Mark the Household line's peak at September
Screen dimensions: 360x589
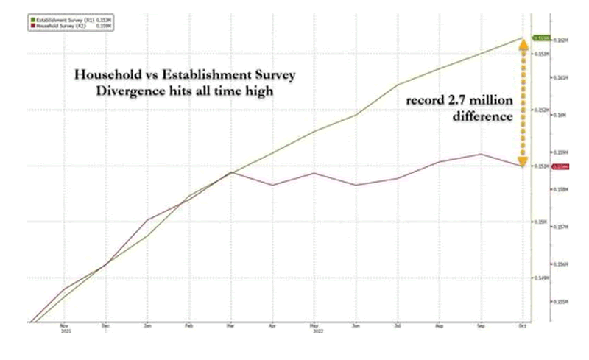pyautogui.click(x=481, y=154)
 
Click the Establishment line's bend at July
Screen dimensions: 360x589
pyautogui.click(x=398, y=85)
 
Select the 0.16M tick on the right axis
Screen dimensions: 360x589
pyautogui.click(x=559, y=115)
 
